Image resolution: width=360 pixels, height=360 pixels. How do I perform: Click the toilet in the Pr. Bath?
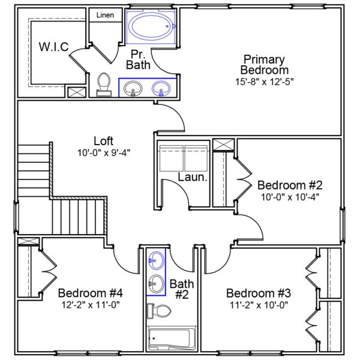click(104, 84)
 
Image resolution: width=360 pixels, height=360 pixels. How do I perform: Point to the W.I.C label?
click(53, 47)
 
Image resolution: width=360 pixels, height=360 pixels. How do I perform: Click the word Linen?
click(105, 14)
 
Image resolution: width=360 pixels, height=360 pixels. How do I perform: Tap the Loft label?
click(104, 141)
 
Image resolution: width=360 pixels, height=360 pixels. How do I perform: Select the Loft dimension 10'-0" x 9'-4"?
click(104, 152)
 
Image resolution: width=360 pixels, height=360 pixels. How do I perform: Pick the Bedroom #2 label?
click(290, 184)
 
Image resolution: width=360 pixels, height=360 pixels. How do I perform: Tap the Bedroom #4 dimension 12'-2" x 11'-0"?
click(91, 305)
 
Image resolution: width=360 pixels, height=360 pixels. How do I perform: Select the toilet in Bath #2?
click(160, 311)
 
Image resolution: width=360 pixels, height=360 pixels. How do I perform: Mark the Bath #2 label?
click(182, 289)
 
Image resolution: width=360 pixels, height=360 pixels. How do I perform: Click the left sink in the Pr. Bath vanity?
click(133, 89)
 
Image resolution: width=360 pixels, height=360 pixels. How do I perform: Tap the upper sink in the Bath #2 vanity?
click(156, 260)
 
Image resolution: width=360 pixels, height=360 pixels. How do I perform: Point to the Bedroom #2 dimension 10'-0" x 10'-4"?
click(290, 196)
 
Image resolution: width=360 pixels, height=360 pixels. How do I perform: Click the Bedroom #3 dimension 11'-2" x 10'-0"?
click(259, 305)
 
